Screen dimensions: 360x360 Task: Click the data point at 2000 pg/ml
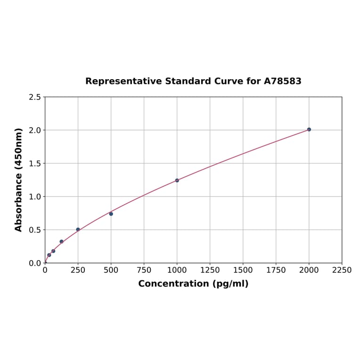(309, 129)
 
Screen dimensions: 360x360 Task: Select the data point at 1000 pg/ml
(177, 180)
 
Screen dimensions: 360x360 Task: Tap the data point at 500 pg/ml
(111, 214)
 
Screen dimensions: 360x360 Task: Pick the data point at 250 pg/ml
(78, 229)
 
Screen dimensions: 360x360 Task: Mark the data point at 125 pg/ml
(62, 241)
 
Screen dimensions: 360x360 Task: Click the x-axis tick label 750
(144, 270)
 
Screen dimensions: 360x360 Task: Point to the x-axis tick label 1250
(210, 270)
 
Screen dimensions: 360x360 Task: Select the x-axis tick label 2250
(342, 270)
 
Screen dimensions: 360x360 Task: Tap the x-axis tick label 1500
(243, 270)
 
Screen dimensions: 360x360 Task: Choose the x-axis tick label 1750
(276, 270)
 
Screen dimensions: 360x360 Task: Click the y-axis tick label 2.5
(35, 97)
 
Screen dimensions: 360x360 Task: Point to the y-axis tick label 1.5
(35, 164)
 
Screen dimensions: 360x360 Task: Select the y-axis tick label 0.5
(35, 230)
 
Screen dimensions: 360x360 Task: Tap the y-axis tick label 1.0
(35, 196)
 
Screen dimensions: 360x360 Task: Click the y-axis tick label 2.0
(35, 130)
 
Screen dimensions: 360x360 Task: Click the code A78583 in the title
(282, 81)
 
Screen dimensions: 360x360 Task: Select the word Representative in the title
(123, 81)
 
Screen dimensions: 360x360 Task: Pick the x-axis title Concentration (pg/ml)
(193, 284)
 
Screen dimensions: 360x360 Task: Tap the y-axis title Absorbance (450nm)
(19, 180)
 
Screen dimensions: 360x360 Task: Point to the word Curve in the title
(228, 81)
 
